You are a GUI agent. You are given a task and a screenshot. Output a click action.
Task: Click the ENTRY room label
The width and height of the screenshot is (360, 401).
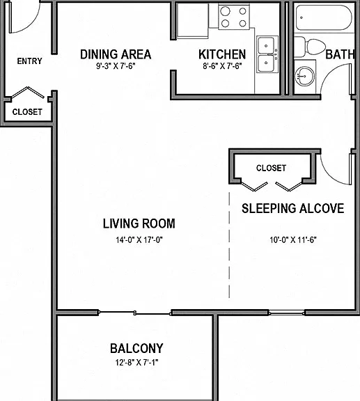pos(29,61)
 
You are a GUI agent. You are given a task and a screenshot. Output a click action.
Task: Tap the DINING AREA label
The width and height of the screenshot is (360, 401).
pos(116,54)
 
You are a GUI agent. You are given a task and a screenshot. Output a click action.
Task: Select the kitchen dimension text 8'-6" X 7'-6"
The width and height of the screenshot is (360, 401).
pos(222,66)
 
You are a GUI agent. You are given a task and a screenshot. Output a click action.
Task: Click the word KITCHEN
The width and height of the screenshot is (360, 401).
pos(222,54)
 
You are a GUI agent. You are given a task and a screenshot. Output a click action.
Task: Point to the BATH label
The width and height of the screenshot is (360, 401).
pos(340,54)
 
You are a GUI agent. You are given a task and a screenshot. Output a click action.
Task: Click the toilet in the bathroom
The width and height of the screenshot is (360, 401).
pos(309,47)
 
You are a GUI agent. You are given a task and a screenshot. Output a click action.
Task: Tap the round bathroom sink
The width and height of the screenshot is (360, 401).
pos(304,76)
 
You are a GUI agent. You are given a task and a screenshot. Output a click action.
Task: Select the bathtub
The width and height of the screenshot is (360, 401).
pos(324,18)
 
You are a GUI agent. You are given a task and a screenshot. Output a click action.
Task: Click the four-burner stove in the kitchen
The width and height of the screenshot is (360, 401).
pos(234,17)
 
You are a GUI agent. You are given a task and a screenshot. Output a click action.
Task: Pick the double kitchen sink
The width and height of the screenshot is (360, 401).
pos(267,54)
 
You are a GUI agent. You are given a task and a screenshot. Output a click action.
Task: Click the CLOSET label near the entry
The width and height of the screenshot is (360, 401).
pos(27,112)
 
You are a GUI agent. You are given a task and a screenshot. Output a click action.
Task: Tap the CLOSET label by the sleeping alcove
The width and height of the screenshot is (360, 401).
pos(271,168)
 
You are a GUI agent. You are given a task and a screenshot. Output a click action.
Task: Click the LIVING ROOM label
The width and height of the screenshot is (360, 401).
pos(139,223)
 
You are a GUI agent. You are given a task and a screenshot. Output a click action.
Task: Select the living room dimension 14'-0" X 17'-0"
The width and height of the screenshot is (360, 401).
pos(139,240)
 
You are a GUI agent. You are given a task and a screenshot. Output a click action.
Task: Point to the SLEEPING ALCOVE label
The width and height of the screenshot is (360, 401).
pos(292,208)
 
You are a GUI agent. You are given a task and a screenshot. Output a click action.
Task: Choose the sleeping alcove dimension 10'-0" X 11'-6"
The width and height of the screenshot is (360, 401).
pos(293,240)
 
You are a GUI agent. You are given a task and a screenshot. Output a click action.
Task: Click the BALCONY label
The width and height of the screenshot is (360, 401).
pos(136,348)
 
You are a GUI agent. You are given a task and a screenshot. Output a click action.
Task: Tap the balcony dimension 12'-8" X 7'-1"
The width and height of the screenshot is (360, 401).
pos(136,363)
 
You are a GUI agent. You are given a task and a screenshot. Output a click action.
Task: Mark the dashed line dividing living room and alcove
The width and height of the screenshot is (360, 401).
pos(229,245)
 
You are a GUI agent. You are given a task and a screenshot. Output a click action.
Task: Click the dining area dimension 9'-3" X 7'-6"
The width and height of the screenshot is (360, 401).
pos(116,66)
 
